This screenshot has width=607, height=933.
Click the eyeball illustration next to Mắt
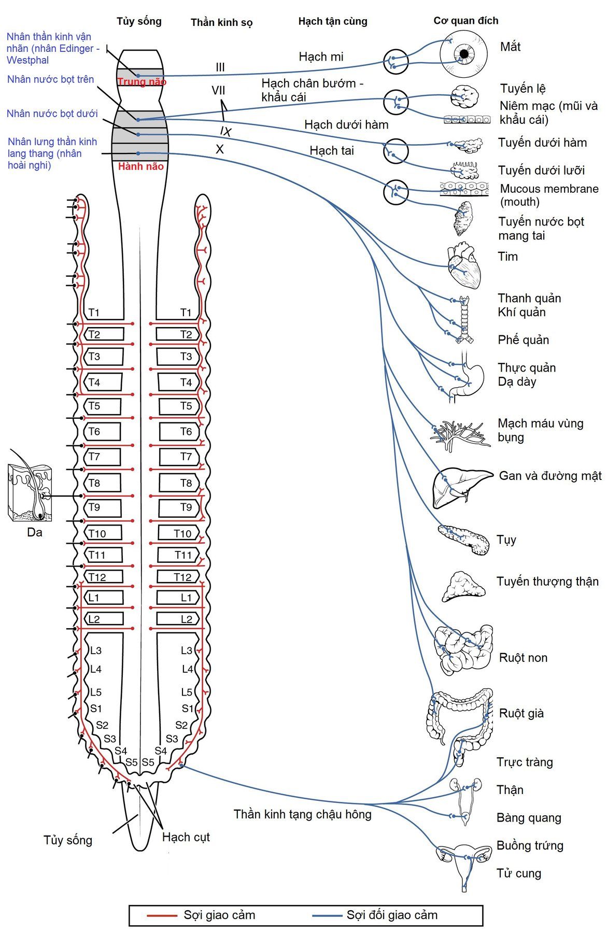(x=464, y=54)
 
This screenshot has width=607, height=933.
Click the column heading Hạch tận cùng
(x=332, y=21)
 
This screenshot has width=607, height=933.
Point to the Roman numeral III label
(x=220, y=67)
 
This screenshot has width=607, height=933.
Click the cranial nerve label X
(x=220, y=149)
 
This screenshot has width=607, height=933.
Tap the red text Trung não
(x=142, y=82)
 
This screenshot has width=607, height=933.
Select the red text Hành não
(x=140, y=166)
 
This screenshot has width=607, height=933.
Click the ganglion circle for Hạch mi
(x=396, y=62)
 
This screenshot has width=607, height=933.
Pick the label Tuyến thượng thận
(x=547, y=582)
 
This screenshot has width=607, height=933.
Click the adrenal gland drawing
(x=463, y=587)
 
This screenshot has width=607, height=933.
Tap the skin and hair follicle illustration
(x=30, y=492)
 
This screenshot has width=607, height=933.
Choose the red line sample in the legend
(x=162, y=915)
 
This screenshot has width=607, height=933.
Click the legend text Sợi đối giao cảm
(x=392, y=915)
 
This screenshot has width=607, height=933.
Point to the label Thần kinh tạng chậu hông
(x=302, y=814)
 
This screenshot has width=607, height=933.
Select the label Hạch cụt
(x=186, y=837)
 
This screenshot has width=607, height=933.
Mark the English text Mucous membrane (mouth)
(x=548, y=195)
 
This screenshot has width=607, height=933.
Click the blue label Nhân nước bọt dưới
(x=52, y=114)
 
